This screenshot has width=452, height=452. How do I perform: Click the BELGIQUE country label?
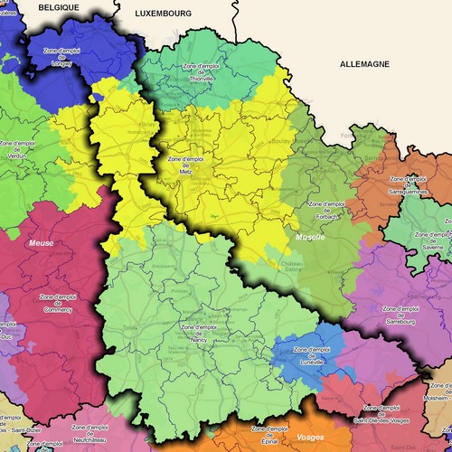pyautogui.click(x=59, y=6)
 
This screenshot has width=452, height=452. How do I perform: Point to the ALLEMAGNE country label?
pyautogui.click(x=364, y=64)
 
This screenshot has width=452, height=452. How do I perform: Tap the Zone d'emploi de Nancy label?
pyautogui.click(x=202, y=332)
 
